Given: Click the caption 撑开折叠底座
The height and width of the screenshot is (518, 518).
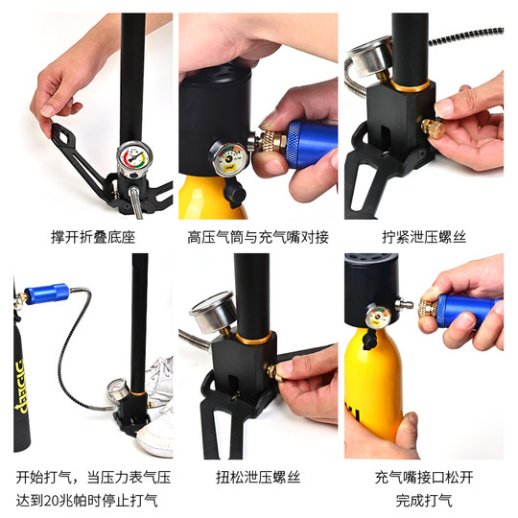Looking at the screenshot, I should (93, 235).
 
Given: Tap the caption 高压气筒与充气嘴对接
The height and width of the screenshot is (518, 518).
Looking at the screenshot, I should (258, 235).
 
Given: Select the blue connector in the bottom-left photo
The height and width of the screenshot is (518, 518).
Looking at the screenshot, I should (48, 292).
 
